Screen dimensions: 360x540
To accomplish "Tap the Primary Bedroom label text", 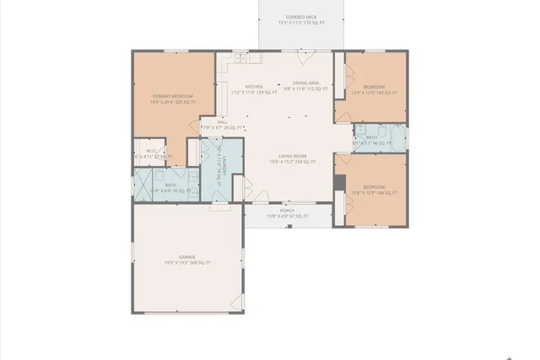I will point(172,97).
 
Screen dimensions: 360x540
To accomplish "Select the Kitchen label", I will point(254,86).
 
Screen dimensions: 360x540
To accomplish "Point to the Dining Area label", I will point(300,83).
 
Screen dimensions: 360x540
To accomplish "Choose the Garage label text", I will point(187,257).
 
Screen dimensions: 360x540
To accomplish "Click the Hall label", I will point(223,122).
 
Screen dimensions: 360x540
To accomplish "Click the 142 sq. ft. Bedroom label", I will point(373,87).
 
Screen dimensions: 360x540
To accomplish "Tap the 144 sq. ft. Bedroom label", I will point(373,186).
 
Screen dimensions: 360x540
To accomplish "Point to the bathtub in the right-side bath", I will point(394,136).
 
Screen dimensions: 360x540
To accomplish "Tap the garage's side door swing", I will point(239,301).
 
